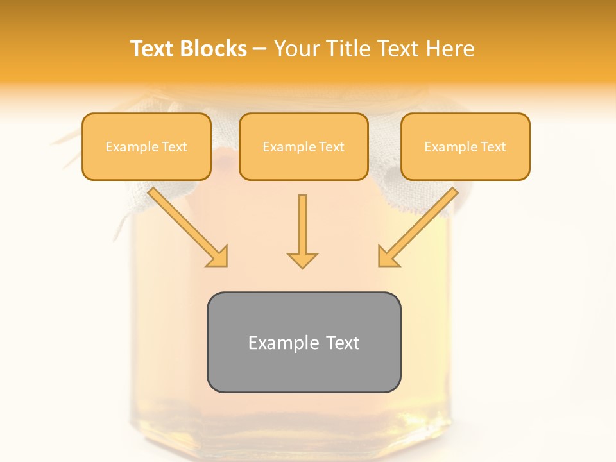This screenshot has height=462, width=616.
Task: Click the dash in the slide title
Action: (260, 49)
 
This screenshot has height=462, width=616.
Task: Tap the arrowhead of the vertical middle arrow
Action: (302, 259)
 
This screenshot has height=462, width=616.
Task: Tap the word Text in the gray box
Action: (342, 343)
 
